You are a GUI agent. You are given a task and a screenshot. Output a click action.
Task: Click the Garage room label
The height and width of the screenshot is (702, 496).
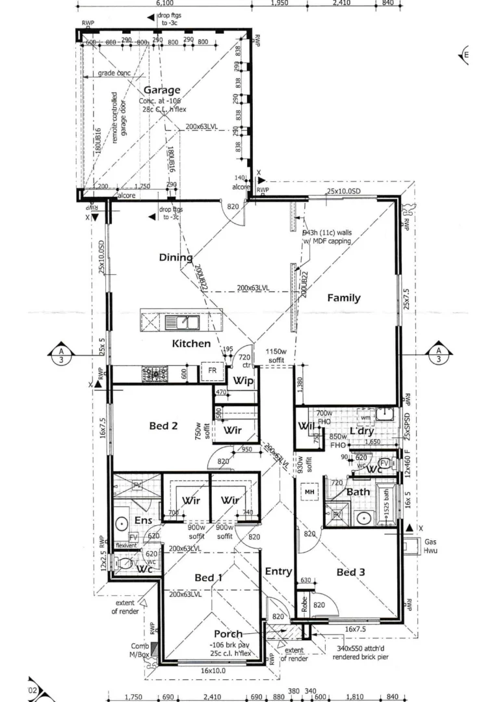pyautogui.click(x=162, y=90)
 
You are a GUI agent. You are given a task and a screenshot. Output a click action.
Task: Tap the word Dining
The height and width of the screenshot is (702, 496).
pyautogui.click(x=176, y=257)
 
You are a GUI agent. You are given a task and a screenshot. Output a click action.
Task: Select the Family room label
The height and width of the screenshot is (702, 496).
pyautogui.click(x=343, y=298)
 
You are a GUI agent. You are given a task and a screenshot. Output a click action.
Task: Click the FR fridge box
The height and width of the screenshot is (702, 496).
pyautogui.click(x=212, y=370)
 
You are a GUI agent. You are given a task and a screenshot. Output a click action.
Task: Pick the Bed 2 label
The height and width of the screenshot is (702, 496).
pyautogui.click(x=163, y=426)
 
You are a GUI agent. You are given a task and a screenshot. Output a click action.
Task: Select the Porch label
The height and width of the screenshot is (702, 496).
pyautogui.click(x=228, y=634)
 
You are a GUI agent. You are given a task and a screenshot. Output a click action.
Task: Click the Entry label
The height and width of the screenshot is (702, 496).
pyautogui.click(x=278, y=571)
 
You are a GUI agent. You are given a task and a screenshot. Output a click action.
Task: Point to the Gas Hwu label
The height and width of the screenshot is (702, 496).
pyautogui.click(x=430, y=545)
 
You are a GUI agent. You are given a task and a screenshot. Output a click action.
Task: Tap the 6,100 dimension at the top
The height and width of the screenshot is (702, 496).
pyautogui.click(x=164, y=3)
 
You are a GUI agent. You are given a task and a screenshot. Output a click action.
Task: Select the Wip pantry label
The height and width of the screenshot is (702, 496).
pyautogui.click(x=242, y=380)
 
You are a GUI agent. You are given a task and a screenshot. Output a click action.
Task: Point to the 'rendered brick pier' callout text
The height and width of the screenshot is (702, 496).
pyautogui.click(x=362, y=656)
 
